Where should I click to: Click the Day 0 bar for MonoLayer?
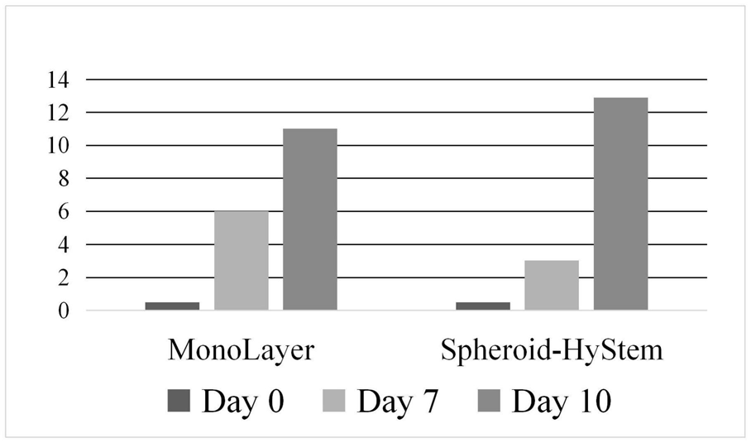172,306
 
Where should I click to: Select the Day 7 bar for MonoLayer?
241,261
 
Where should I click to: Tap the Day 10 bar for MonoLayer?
310,219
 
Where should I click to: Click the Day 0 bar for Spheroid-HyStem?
483,306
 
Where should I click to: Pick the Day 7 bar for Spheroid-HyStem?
552,286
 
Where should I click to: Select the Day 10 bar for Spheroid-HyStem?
620,204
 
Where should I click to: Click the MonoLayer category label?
241,350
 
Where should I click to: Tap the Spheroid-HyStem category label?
552,350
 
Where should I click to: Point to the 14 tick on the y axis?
65,79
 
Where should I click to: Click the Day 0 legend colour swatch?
179,401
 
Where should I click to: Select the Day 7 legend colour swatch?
333,401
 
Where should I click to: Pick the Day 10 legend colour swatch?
488,401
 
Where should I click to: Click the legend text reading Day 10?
562,401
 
